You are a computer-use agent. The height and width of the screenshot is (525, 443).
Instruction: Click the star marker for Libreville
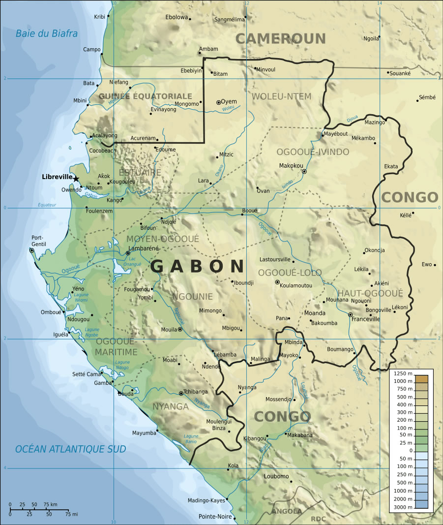76,178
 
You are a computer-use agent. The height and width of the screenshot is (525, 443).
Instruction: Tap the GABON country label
197,266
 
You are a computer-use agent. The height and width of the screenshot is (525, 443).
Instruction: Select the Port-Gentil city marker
32,250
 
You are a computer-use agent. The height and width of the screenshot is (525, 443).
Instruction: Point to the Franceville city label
366,319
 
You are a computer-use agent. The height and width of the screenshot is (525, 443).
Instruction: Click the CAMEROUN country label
280,38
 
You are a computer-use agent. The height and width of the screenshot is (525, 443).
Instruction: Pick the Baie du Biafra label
47,33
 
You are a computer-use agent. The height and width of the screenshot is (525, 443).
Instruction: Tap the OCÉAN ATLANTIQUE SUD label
70,449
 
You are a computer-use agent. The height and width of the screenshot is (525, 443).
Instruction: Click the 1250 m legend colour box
421,378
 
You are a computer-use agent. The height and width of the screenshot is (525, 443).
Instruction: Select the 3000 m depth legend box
421,506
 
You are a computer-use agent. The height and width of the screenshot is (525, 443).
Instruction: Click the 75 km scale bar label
50,505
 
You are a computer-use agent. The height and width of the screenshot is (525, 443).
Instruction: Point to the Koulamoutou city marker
277,282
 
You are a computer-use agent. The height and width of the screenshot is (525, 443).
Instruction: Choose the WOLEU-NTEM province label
281,96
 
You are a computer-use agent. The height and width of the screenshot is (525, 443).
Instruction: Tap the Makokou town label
291,166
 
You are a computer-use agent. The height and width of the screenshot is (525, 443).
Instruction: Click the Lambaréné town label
143,248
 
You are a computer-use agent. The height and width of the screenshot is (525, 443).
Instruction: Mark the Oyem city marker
219,102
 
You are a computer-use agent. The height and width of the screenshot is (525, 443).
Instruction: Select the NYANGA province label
171,406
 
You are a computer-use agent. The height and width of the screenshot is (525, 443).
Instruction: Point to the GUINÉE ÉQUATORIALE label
145,96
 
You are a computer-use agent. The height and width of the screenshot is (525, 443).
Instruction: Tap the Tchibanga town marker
181,393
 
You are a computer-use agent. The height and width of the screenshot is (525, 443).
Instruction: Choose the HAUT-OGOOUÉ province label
370,294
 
